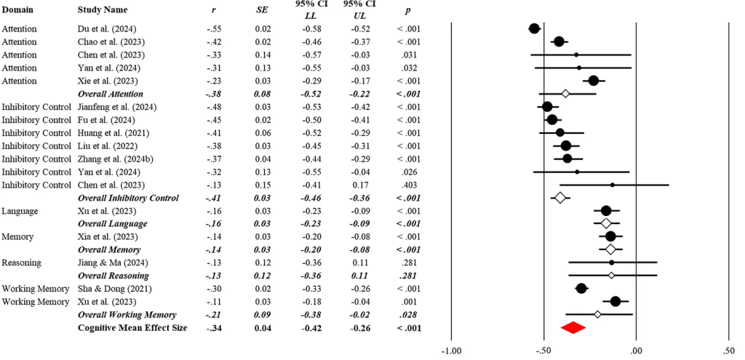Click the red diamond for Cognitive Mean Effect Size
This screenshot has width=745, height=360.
[573, 328]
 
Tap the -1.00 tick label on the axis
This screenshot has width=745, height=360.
[451, 351]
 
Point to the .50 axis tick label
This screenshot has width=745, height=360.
[728, 351]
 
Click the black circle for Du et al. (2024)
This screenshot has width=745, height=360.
[534, 28]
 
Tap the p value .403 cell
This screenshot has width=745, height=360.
[408, 185]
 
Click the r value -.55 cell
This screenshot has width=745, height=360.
[213, 28]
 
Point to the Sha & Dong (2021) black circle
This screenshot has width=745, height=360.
[581, 289]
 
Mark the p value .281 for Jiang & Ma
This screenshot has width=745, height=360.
[408, 263]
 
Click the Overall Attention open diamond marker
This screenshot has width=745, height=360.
[565, 94]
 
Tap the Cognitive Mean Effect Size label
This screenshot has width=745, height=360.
[132, 328]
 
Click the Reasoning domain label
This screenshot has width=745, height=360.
[22, 263]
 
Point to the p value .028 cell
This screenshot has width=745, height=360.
[408, 315]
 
